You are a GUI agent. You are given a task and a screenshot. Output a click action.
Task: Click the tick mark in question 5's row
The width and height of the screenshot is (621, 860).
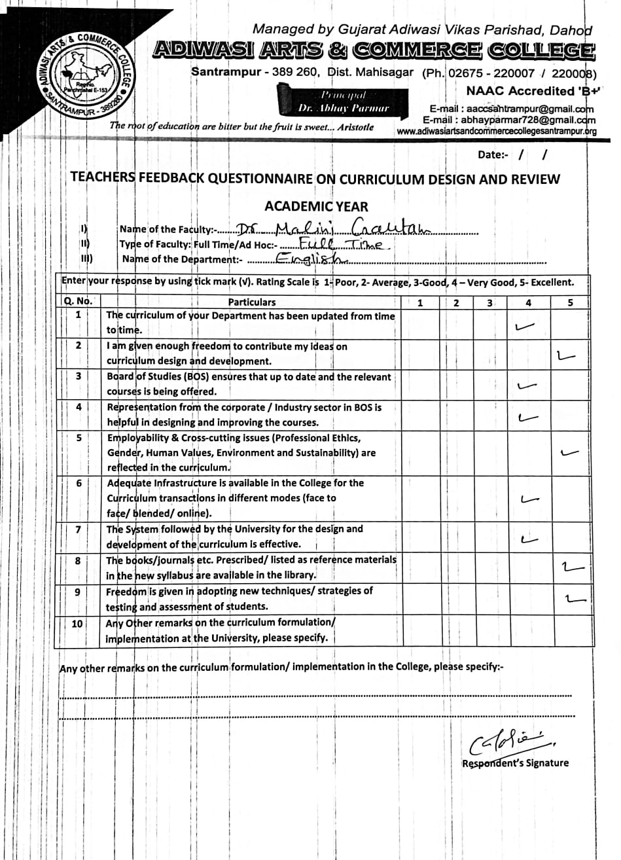570,452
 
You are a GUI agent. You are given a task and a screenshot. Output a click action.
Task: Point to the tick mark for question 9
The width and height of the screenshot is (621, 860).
573,598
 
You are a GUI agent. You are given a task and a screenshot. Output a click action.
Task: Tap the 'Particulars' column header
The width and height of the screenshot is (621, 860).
252,302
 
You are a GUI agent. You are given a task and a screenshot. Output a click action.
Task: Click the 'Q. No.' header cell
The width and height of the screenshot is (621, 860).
79,302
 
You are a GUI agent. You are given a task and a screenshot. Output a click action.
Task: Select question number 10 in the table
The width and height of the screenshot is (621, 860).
77,624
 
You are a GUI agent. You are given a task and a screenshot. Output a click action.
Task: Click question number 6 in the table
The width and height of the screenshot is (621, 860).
79,484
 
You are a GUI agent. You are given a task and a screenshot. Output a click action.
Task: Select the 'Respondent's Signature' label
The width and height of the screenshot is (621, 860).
515,763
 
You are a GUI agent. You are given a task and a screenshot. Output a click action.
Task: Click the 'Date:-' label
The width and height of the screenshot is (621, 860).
493,155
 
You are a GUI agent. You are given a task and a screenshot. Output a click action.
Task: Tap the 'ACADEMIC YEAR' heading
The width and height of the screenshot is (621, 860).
316,206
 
